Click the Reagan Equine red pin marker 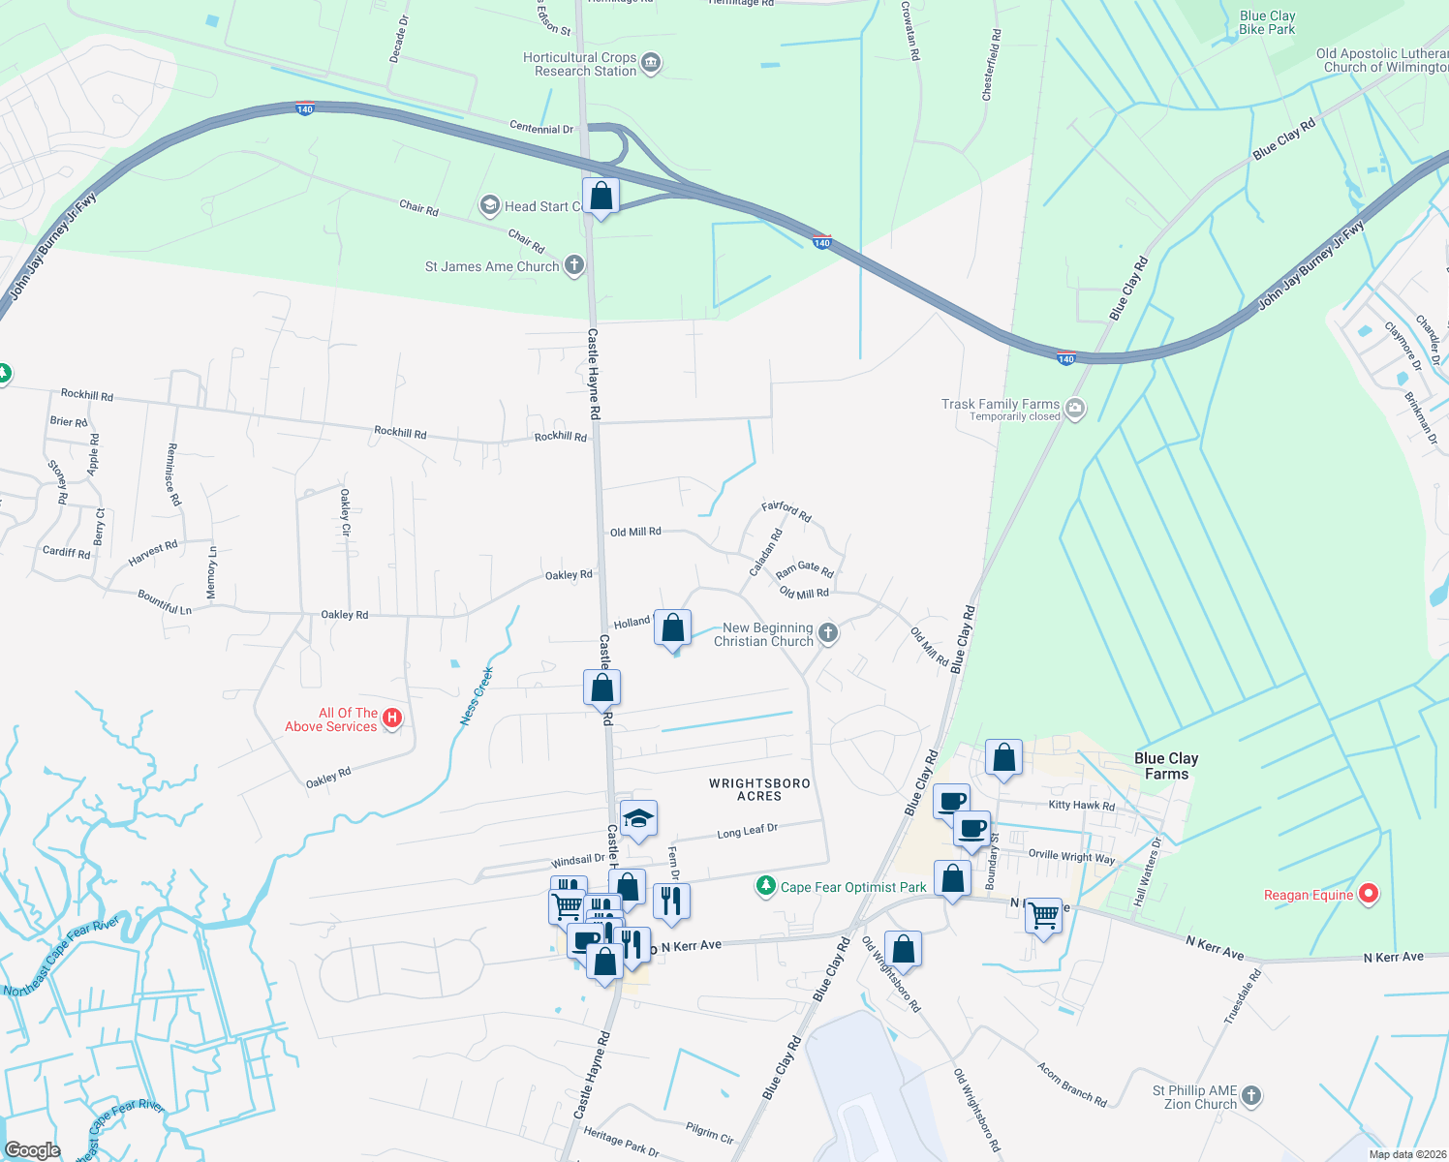pyautogui.click(x=1368, y=894)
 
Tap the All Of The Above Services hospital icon pyautogui.click(x=392, y=719)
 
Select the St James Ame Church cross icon pyautogui.click(x=573, y=265)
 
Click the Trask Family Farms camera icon pyautogui.click(x=1075, y=409)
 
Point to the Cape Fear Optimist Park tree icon pyautogui.click(x=766, y=886)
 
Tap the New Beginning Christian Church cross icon pyautogui.click(x=827, y=633)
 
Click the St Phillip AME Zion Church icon pyautogui.click(x=1250, y=1096)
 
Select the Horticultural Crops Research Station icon pyautogui.click(x=651, y=64)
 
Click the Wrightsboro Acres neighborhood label pyautogui.click(x=759, y=789)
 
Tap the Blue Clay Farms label pyautogui.click(x=1166, y=766)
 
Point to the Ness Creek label pyautogui.click(x=477, y=695)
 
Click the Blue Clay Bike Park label pyautogui.click(x=1267, y=22)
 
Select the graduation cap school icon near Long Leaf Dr pyautogui.click(x=638, y=820)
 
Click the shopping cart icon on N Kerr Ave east pyautogui.click(x=1043, y=914)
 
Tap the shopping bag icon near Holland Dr pyautogui.click(x=672, y=628)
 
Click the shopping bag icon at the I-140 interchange pyautogui.click(x=601, y=197)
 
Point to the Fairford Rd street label pyautogui.click(x=786, y=510)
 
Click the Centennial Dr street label pyautogui.click(x=541, y=128)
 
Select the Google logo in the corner pyautogui.click(x=32, y=1150)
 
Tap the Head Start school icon pyautogui.click(x=490, y=205)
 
